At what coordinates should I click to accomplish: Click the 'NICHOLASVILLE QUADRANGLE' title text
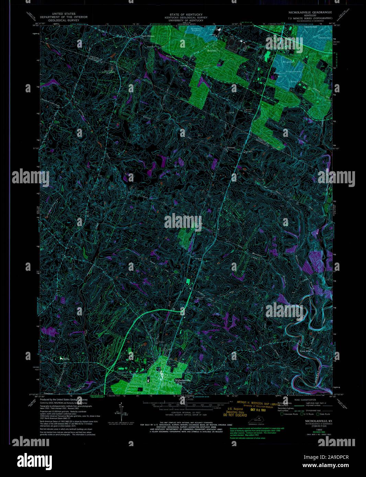click(310, 12)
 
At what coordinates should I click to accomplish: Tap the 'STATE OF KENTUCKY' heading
click(183, 14)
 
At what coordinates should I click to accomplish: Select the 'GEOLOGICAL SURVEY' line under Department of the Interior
click(64, 20)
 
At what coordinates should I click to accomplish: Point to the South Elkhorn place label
click(148, 36)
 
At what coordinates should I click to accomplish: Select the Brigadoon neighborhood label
click(288, 62)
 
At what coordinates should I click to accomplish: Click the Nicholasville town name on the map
click(182, 380)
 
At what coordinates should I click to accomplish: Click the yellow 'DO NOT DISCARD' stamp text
click(235, 415)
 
